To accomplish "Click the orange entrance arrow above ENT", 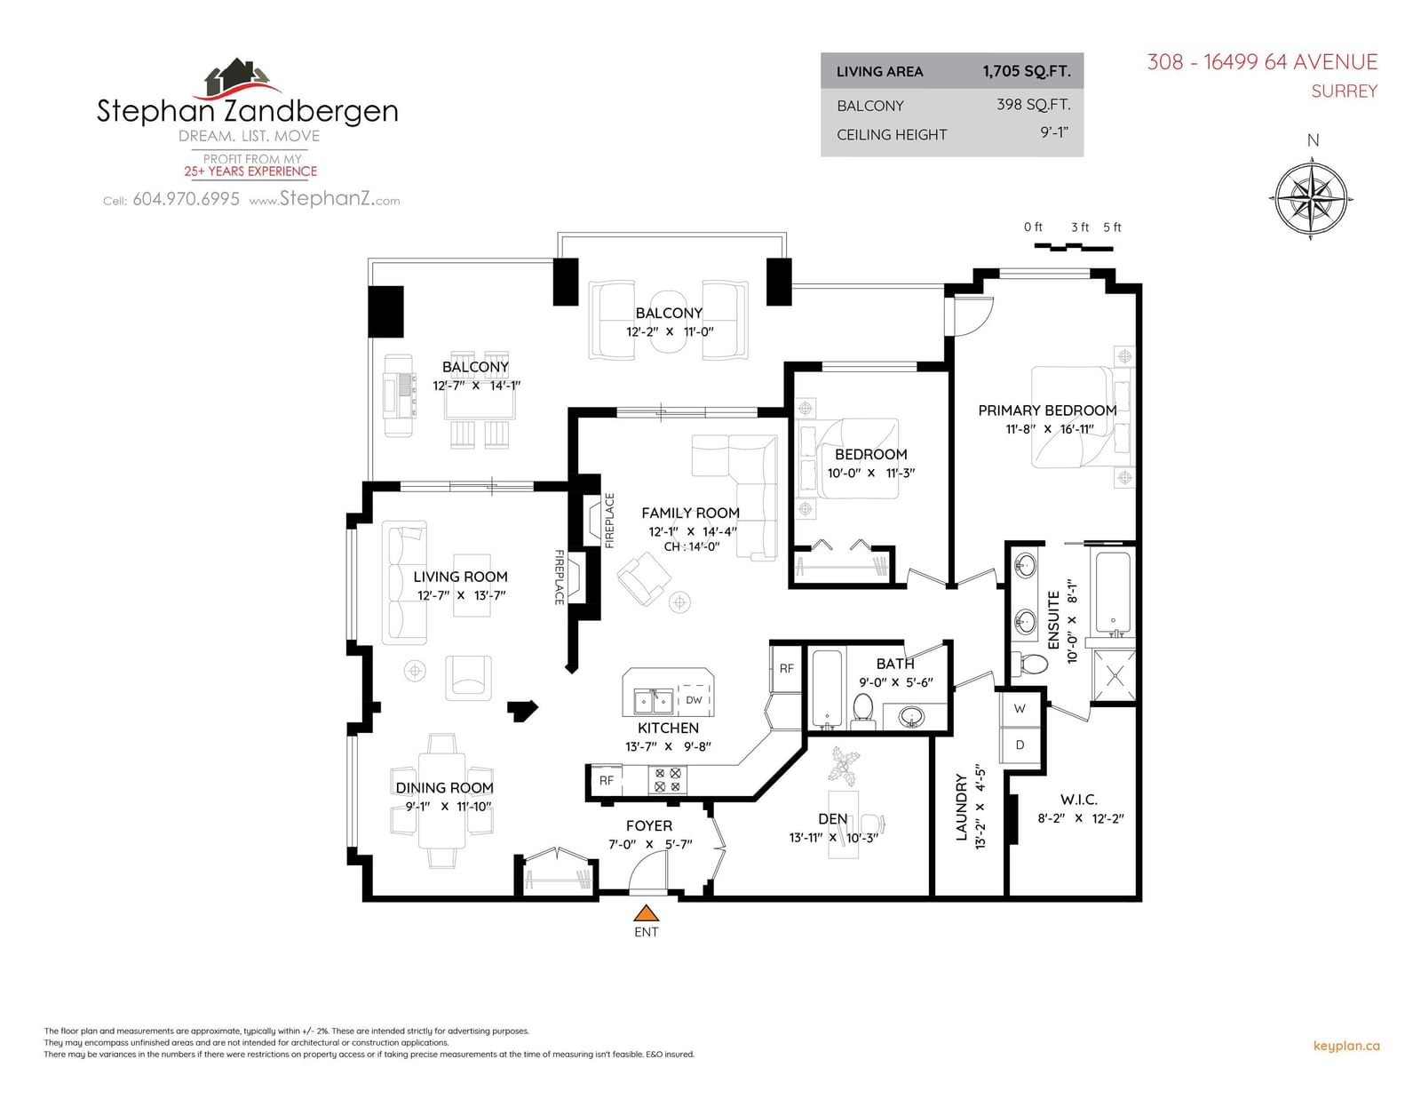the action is pyautogui.click(x=646, y=913).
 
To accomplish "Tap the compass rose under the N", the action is pyautogui.click(x=1311, y=198).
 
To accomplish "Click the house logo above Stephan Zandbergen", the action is pyautogui.click(x=242, y=78).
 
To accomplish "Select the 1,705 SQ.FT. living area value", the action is pyautogui.click(x=1027, y=71).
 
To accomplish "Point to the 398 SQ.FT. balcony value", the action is pyautogui.click(x=1033, y=105).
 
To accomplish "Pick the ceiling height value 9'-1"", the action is pyautogui.click(x=1054, y=132).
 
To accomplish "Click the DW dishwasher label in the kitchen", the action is pyautogui.click(x=694, y=700).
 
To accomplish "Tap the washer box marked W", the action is pyautogui.click(x=1020, y=708).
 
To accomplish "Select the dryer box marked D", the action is pyautogui.click(x=1020, y=745).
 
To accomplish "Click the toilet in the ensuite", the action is pyautogui.click(x=1029, y=664).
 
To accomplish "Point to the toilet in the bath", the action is pyautogui.click(x=863, y=711).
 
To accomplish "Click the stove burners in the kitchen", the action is pyautogui.click(x=668, y=780).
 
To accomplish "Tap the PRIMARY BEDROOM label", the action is pyautogui.click(x=1047, y=410).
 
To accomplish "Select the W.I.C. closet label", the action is pyautogui.click(x=1078, y=800).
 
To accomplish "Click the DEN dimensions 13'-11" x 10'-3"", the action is pyautogui.click(x=833, y=838).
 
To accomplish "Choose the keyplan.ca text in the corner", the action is pyautogui.click(x=1346, y=1046).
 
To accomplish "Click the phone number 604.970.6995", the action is pyautogui.click(x=186, y=199).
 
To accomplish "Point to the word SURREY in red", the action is pyautogui.click(x=1344, y=91).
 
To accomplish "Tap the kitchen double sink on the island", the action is pyautogui.click(x=654, y=701).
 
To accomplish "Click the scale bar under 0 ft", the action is pyautogui.click(x=1073, y=247).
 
